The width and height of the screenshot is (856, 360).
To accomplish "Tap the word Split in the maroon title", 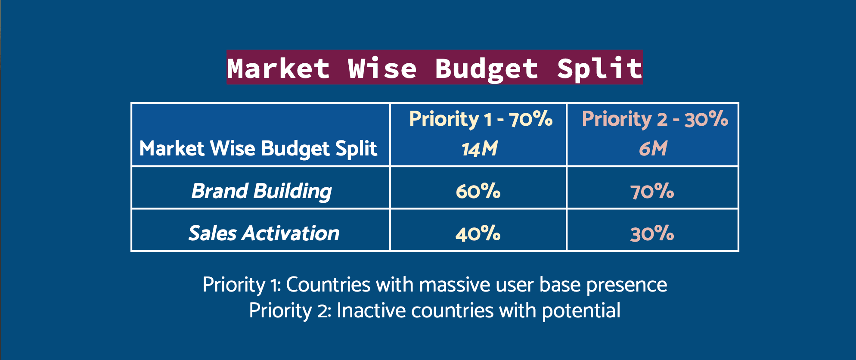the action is pos(599,68).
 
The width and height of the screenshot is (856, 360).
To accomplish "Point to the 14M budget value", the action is pos(479,149).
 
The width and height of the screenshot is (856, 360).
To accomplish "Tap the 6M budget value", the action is pos(653,149).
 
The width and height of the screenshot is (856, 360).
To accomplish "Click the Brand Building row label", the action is pos(261,191).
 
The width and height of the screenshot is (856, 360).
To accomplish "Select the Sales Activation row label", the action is pos(264,233).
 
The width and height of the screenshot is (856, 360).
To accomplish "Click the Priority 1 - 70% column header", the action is pos(481,119).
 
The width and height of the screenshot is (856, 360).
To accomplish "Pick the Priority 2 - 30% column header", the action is pos(655,119).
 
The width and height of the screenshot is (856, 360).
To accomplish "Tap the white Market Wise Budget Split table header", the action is pos(258,149).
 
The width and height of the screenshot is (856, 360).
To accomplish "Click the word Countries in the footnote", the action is pos(328,285).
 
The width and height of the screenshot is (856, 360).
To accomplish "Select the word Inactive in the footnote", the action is pos(371,310).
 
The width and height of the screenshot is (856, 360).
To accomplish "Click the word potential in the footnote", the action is pos(581,311).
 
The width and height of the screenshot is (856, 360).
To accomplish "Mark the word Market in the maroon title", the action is pos(279,68).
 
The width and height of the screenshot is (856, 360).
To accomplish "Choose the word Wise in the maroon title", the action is pos(383,68).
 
